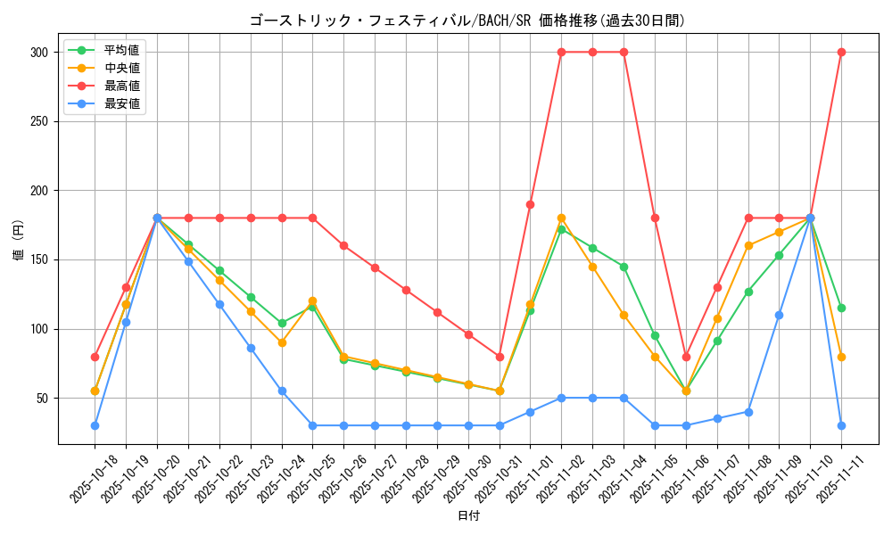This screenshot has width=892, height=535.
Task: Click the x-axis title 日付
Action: pyautogui.click(x=467, y=516)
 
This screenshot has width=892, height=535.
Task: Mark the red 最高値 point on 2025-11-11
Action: pyautogui.click(x=841, y=52)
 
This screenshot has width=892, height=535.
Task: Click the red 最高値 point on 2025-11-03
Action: pyautogui.click(x=592, y=52)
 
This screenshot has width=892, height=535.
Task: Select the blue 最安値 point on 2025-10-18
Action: pyautogui.click(x=95, y=425)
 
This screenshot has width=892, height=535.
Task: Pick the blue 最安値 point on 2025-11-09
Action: pyautogui.click(x=779, y=315)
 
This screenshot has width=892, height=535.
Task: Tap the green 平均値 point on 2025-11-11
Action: pyautogui.click(x=841, y=308)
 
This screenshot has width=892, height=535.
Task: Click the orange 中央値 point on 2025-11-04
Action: pyautogui.click(x=624, y=315)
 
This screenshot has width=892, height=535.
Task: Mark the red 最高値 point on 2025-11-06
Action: pyautogui.click(x=686, y=357)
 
